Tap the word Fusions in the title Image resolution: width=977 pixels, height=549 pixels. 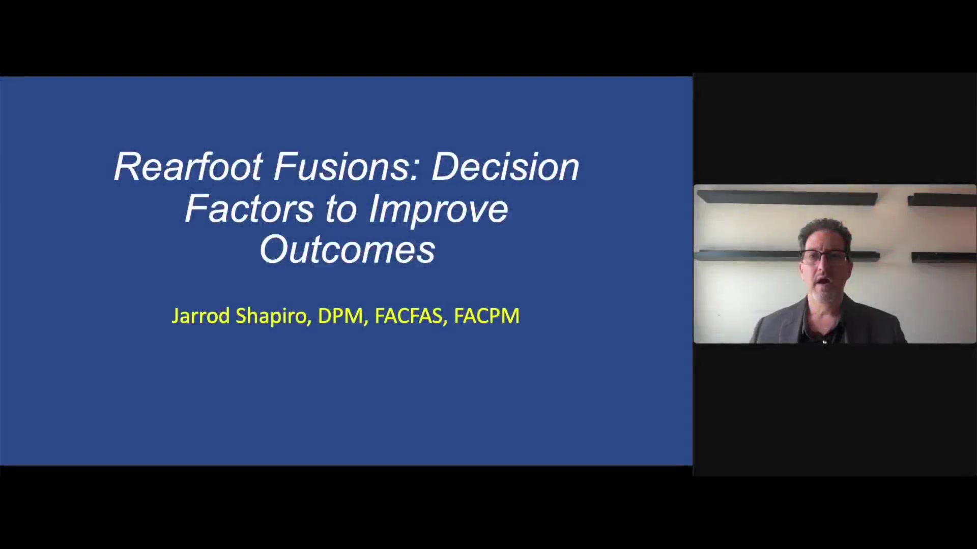pos(342,167)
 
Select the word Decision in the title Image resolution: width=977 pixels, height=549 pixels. pos(505,167)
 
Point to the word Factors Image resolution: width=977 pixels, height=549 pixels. pos(249,208)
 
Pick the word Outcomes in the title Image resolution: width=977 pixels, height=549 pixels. pos(348,250)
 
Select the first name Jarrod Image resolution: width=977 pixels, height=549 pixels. pos(201,316)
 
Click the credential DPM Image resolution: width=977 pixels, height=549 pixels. pos(340,316)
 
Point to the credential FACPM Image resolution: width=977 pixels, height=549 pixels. pos(486,316)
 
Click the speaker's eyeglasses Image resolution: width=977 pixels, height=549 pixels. pos(824,256)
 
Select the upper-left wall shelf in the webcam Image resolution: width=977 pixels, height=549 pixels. pos(787,197)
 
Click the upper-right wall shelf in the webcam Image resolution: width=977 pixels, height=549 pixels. pos(942,199)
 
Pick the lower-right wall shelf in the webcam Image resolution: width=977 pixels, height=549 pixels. pos(944,257)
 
